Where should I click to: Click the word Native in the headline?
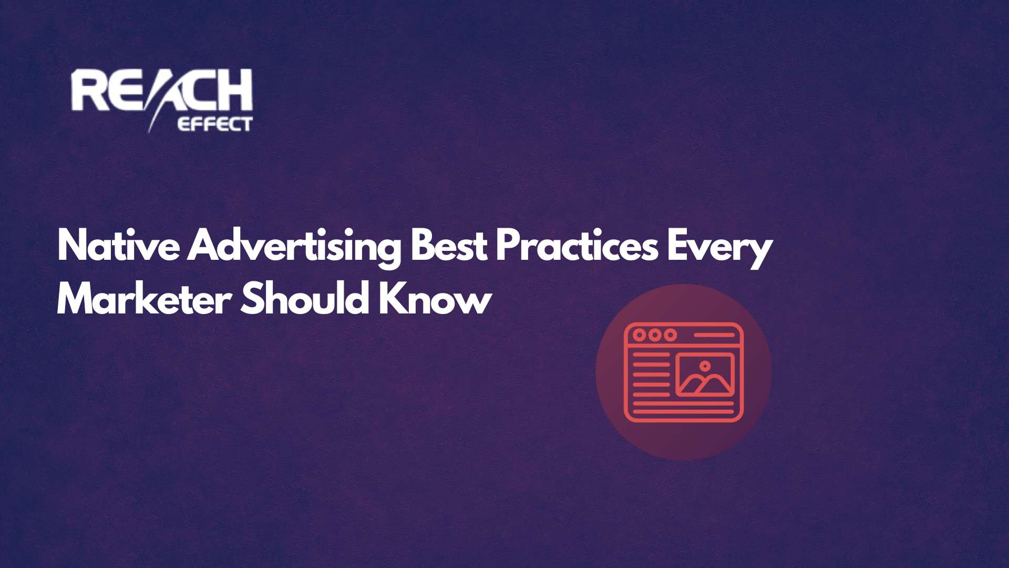tap(118, 246)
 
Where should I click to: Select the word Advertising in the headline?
tap(294, 246)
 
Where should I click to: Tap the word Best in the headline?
tap(449, 246)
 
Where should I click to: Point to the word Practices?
tap(576, 246)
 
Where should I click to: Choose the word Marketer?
tap(144, 300)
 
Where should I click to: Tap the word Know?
tap(435, 300)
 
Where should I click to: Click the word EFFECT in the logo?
tap(215, 125)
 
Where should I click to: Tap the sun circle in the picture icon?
tap(705, 366)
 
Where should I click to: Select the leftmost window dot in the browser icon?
tap(639, 335)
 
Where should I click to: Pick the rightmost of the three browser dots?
tap(670, 335)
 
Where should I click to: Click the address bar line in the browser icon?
tap(714, 335)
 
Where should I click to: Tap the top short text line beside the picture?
tap(651, 356)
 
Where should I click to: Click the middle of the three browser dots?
tap(655, 335)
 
